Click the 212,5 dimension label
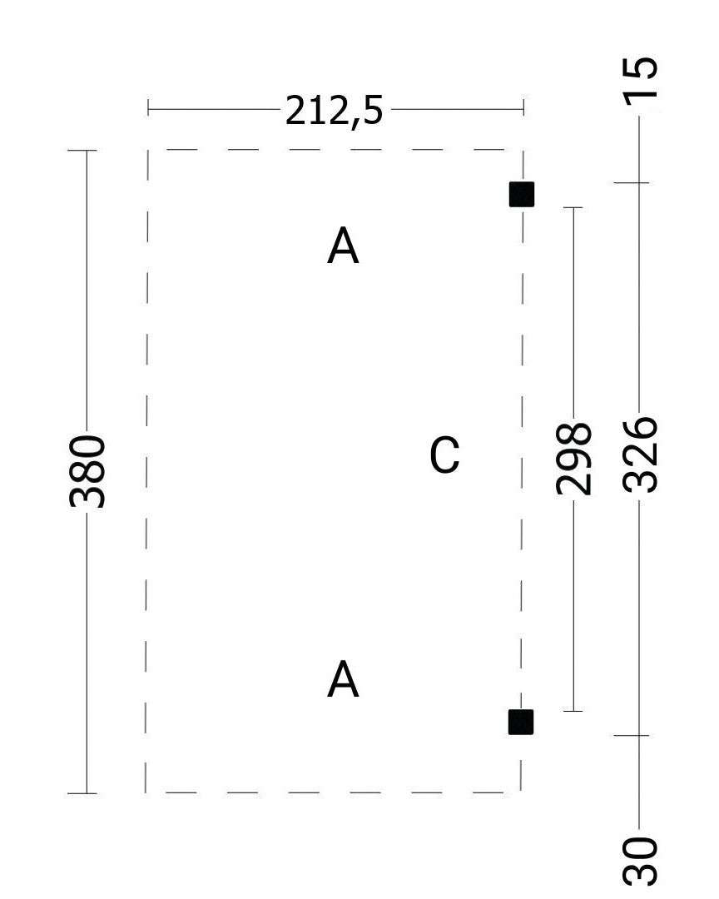pyautogui.click(x=334, y=110)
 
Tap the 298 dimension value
pyautogui.click(x=573, y=458)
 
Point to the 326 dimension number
pyautogui.click(x=640, y=455)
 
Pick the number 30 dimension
pyautogui.click(x=640, y=861)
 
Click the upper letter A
pyautogui.click(x=343, y=245)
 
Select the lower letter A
pyautogui.click(x=343, y=678)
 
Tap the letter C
pyautogui.click(x=444, y=454)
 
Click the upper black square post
pyautogui.click(x=522, y=194)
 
